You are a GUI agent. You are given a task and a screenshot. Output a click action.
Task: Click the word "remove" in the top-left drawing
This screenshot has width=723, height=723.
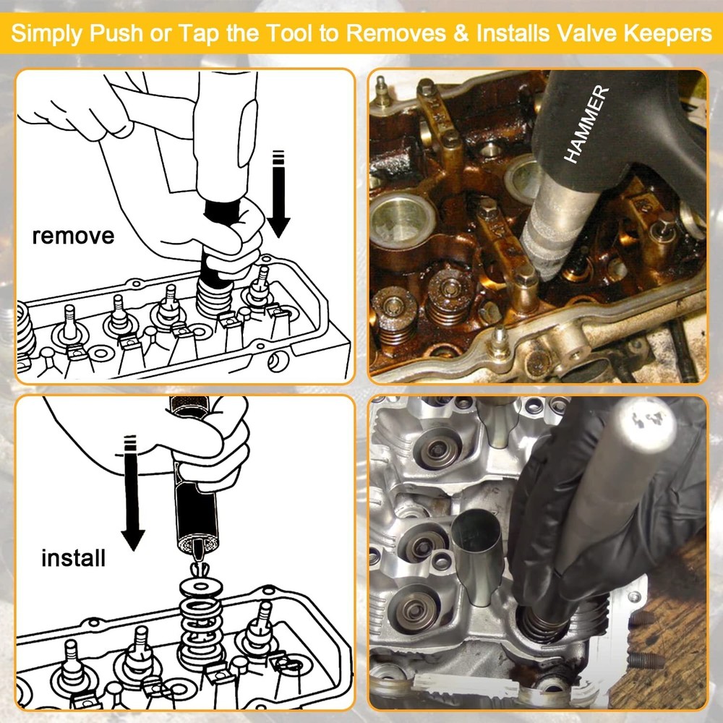point(72,236)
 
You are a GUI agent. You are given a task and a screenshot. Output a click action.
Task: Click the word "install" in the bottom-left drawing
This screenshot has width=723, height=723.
point(73,558)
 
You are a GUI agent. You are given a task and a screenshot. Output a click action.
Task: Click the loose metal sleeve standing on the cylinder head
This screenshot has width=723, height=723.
point(473,557)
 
